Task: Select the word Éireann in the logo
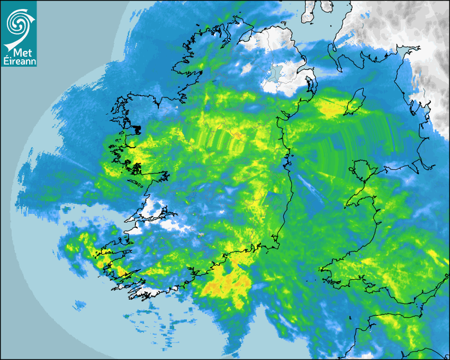click(x=19, y=61)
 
